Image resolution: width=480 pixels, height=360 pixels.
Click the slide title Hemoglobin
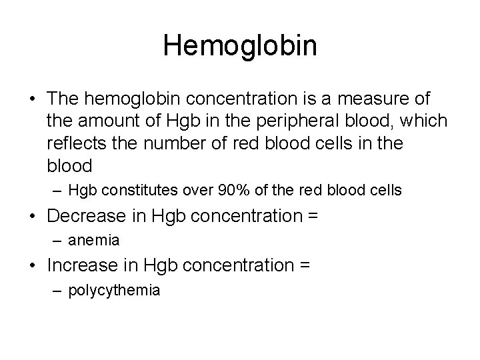coord(240,46)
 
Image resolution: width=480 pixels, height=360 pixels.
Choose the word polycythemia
coord(114,291)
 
